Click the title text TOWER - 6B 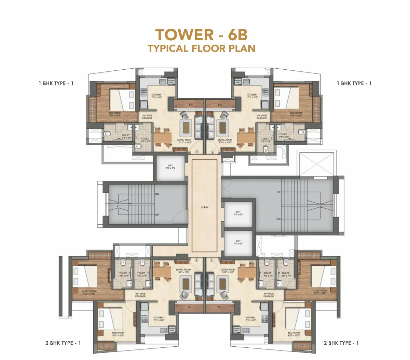point(201,35)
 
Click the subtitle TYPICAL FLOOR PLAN point(201,48)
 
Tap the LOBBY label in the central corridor point(205,207)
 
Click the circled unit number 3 point(196,152)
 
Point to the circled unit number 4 point(213,152)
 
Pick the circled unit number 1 point(212,260)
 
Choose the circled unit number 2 point(196,260)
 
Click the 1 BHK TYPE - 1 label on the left point(56,83)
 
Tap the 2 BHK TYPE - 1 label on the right point(341,343)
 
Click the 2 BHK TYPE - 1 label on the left point(63,343)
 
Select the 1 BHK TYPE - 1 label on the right point(354,83)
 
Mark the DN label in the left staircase point(157,194)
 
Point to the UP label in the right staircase point(278,192)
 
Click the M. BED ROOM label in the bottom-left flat point(89,292)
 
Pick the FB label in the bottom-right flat point(220,307)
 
